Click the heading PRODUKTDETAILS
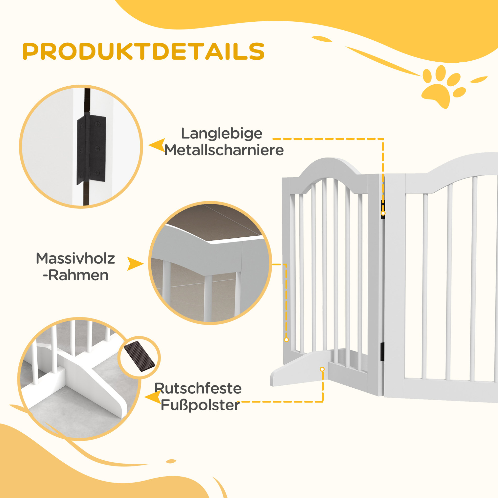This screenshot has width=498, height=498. (x=144, y=51)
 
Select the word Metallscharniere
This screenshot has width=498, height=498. (x=224, y=150)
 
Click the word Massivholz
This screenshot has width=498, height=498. (x=75, y=258)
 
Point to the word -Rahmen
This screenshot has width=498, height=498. (x=75, y=275)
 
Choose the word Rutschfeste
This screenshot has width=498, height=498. (x=198, y=388)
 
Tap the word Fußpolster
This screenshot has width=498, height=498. (x=200, y=405)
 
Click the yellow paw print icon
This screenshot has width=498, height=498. (x=443, y=86)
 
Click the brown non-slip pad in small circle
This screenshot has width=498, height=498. (x=140, y=356)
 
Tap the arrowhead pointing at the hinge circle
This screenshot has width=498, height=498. (x=157, y=145)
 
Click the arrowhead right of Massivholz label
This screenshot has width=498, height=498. (x=135, y=263)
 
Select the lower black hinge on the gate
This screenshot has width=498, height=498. (x=382, y=352)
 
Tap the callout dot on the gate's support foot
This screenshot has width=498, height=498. (x=322, y=369)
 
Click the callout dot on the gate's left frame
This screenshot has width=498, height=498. (x=286, y=340)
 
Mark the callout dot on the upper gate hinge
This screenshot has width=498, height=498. (x=383, y=213)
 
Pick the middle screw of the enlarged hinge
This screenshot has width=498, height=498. (x=97, y=148)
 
